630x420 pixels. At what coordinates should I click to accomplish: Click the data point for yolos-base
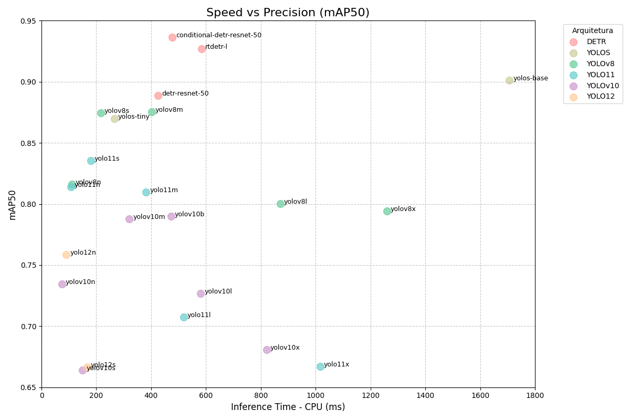509,80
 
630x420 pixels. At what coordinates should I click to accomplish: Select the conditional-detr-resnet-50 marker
172,37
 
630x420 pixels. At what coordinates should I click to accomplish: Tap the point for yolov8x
387,211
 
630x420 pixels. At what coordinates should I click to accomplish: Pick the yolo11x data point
320,366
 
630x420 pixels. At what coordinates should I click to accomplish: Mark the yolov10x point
267,350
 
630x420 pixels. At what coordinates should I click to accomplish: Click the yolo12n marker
66,255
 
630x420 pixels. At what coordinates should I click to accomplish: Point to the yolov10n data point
62,284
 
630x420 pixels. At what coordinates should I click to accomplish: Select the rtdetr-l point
202,49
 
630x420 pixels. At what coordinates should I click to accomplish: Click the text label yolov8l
296,202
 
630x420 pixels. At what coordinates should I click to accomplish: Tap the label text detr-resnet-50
185,93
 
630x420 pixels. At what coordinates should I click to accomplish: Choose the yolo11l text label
199,315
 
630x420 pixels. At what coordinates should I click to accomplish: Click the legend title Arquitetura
593,30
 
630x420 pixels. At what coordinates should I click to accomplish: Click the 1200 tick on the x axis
371,395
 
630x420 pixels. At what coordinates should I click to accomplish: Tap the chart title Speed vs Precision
288,13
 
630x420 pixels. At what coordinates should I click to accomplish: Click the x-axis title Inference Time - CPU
288,407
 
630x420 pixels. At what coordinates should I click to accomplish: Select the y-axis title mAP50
13,204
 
